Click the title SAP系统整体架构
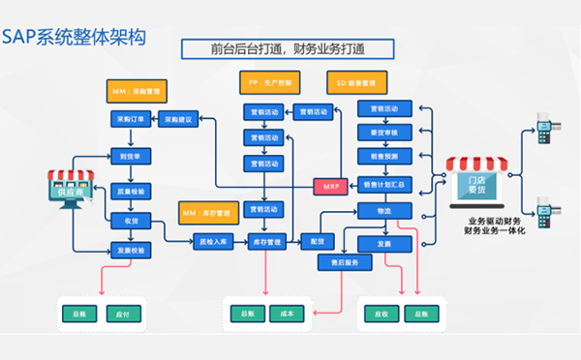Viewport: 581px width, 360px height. pos(75,37)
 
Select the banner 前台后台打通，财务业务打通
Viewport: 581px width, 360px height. pos(288,48)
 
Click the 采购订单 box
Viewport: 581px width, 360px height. pos(130,120)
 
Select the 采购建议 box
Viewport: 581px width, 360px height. pos(180,120)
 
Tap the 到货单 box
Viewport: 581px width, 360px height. pos(130,155)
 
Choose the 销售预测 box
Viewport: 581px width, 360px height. pos(384,156)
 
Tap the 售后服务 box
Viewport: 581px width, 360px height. pos(345,263)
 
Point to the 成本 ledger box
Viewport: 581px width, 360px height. pos(287,314)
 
